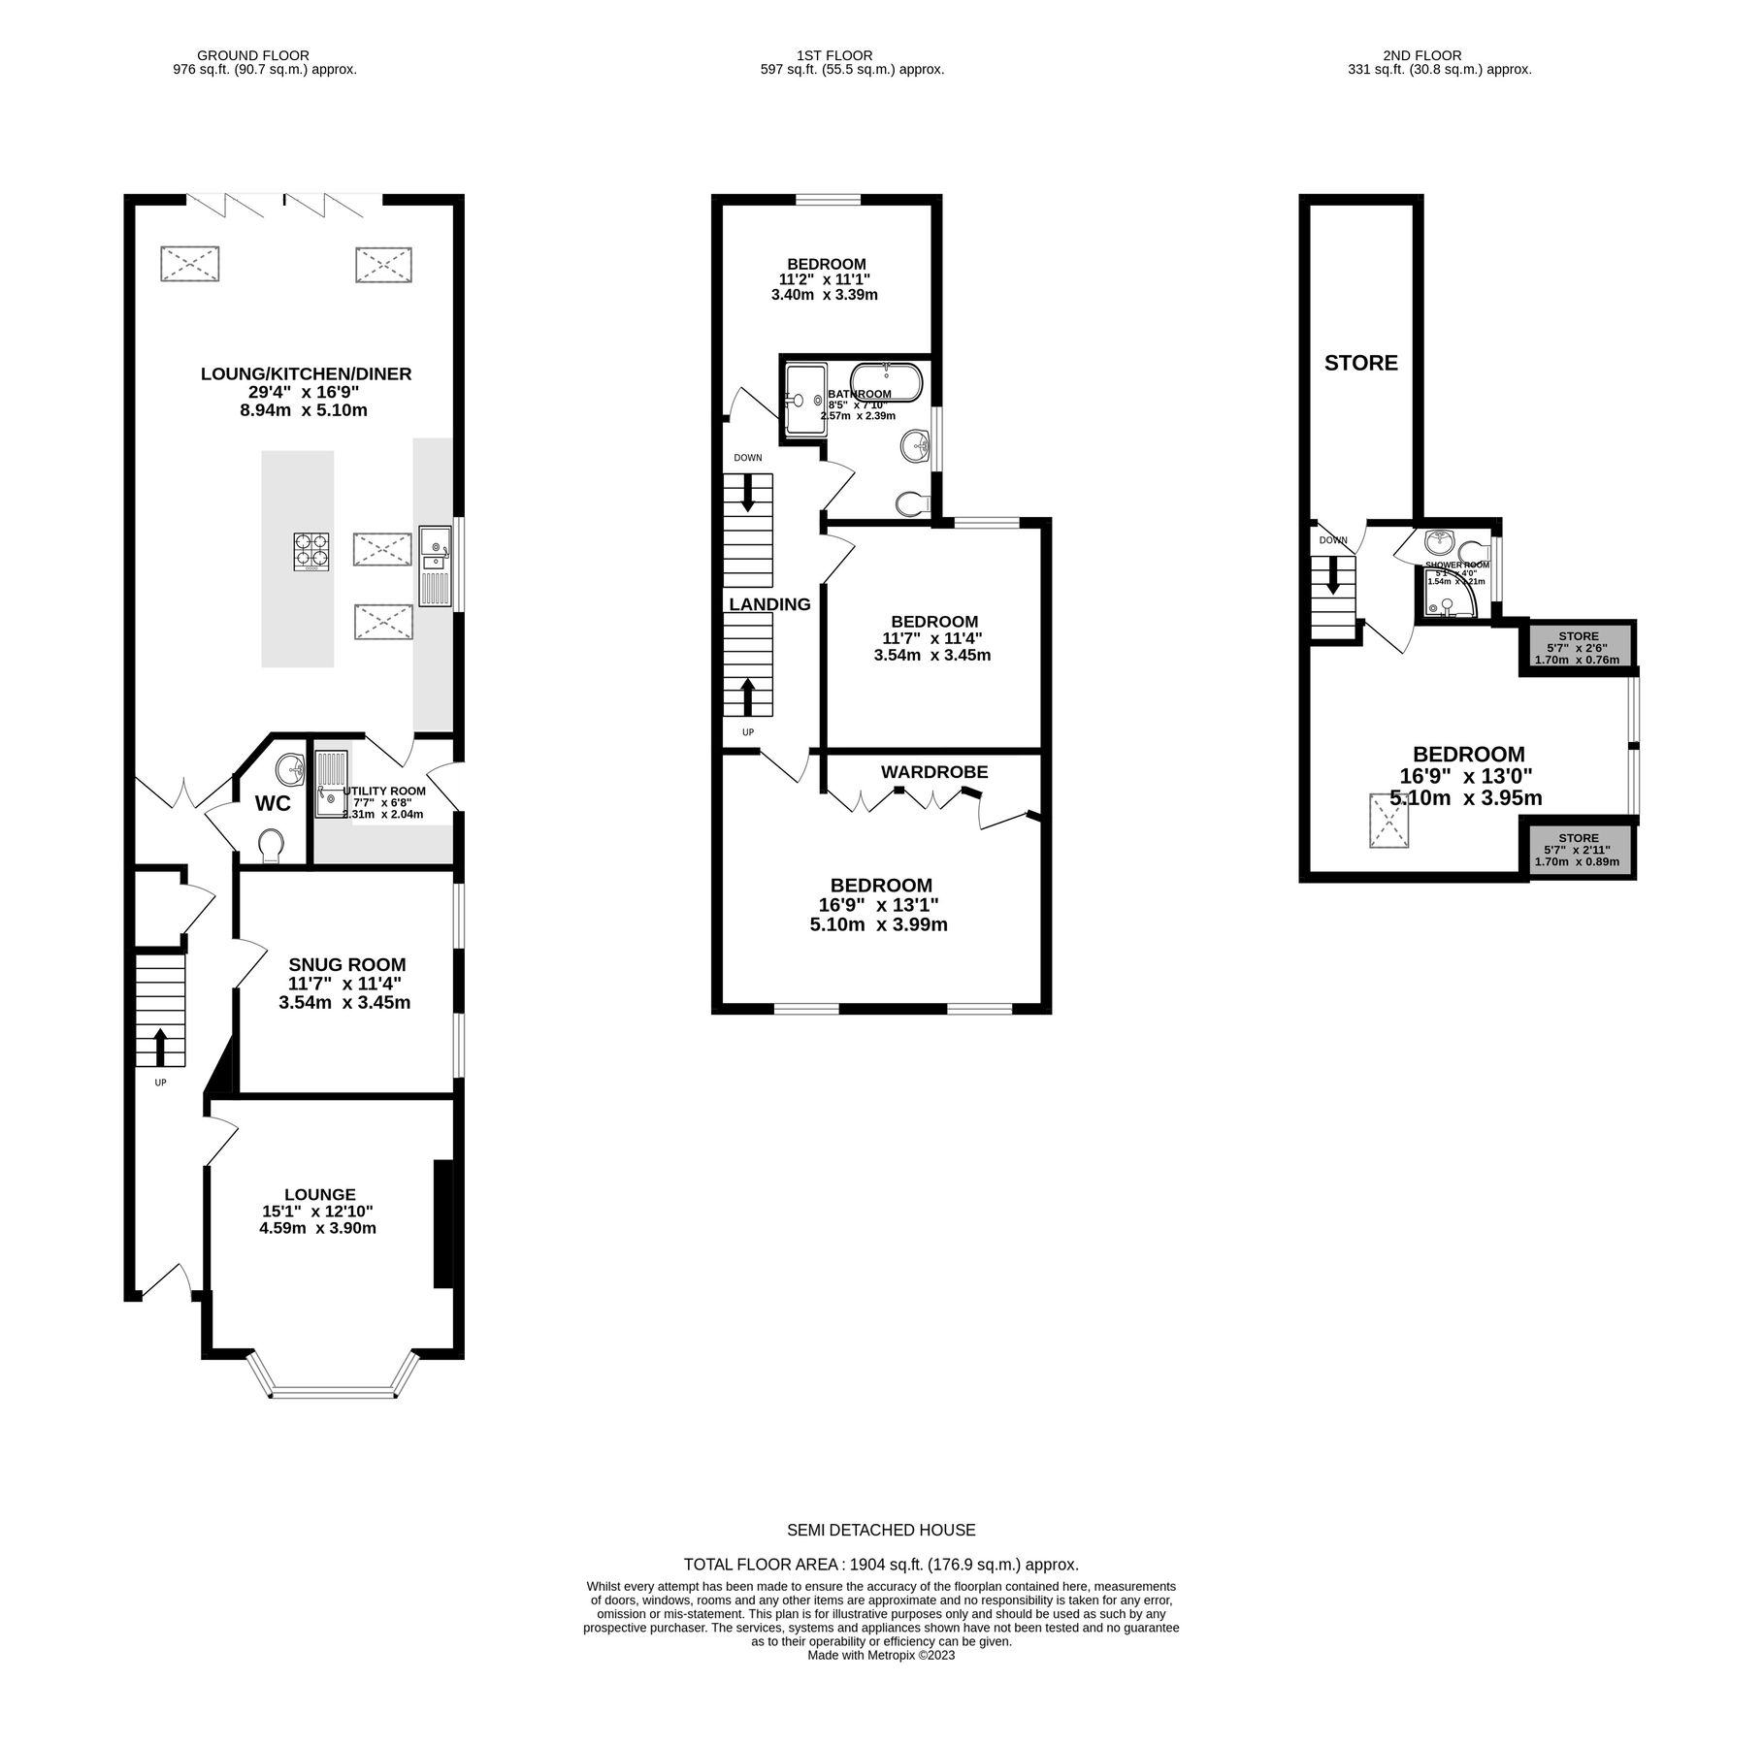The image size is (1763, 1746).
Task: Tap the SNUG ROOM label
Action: (x=346, y=965)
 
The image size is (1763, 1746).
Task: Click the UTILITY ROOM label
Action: (x=383, y=791)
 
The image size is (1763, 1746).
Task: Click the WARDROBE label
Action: (x=933, y=772)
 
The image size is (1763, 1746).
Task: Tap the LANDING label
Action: (x=769, y=604)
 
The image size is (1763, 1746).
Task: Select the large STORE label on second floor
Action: (x=1360, y=363)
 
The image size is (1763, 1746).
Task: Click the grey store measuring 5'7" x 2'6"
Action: (x=1578, y=648)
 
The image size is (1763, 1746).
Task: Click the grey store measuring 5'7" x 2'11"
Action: (x=1578, y=850)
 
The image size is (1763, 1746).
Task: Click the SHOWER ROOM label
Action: (x=1456, y=565)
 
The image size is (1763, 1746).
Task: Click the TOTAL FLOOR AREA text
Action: (x=880, y=1592)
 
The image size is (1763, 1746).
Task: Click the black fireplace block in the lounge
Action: (x=442, y=1224)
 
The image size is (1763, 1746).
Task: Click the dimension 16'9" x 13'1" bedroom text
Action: (x=878, y=905)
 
